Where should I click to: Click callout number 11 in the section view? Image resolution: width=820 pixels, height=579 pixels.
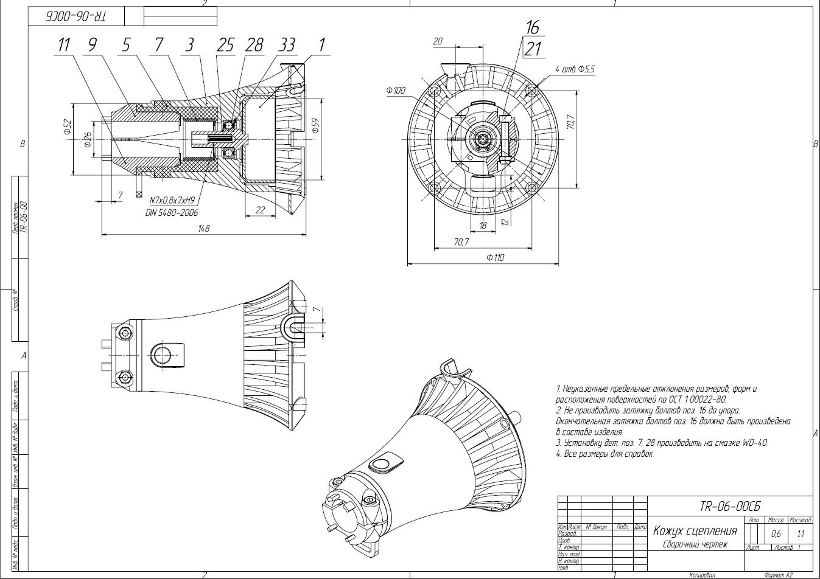(65, 45)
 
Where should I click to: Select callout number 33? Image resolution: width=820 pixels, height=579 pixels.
(287, 45)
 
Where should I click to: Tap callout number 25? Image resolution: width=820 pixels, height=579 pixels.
(226, 45)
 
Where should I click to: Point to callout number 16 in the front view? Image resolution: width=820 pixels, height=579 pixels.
(533, 28)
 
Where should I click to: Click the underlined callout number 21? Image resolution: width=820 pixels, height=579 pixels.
(533, 49)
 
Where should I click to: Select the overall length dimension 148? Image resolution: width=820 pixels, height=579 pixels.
(203, 229)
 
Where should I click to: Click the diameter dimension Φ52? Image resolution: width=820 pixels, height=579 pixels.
(68, 127)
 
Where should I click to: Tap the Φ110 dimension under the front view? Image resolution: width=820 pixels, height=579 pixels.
(495, 258)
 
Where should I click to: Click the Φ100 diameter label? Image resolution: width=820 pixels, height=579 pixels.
(395, 91)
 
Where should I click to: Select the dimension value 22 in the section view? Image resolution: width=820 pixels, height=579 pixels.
(260, 210)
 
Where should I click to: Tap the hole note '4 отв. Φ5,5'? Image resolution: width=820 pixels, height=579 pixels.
(575, 69)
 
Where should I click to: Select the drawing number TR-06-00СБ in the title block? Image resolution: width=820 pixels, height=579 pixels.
(730, 507)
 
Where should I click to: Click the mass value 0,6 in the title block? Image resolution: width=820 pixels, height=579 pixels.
(776, 535)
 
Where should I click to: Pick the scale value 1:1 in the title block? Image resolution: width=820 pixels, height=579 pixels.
(800, 535)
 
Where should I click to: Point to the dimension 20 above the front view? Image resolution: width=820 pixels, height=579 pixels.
(437, 41)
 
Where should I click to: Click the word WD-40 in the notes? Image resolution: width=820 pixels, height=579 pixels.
(755, 443)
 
